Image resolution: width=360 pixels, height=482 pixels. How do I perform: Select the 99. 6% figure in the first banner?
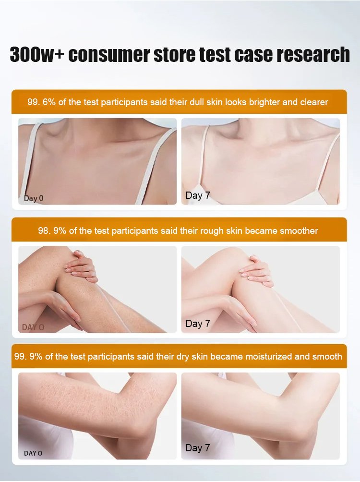[x=41, y=102]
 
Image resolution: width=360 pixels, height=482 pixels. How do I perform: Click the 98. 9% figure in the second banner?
[x=52, y=230]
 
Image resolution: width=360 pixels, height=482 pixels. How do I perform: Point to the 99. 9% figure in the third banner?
[x=28, y=357]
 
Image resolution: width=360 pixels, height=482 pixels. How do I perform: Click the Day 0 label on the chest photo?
[x=34, y=198]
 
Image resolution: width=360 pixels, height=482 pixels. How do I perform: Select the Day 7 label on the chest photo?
[x=198, y=195]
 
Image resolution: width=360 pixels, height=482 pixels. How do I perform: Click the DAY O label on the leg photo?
[x=33, y=327]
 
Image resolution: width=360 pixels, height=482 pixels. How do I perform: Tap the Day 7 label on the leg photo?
[x=198, y=324]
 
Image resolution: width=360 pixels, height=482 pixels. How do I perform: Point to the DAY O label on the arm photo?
[x=33, y=453]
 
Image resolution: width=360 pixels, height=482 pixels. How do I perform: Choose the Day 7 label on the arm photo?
[x=198, y=448]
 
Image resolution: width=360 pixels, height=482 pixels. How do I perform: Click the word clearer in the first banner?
[x=314, y=102]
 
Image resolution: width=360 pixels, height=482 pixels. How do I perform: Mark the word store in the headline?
[x=174, y=55]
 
